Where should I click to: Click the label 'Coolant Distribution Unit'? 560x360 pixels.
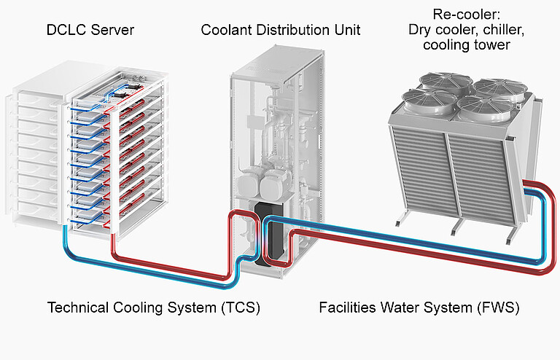tap(281, 31)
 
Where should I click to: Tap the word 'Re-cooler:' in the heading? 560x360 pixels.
tap(459, 14)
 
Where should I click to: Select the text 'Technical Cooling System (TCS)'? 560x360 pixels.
tap(154, 308)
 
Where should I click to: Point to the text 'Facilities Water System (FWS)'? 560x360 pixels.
tap(419, 308)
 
